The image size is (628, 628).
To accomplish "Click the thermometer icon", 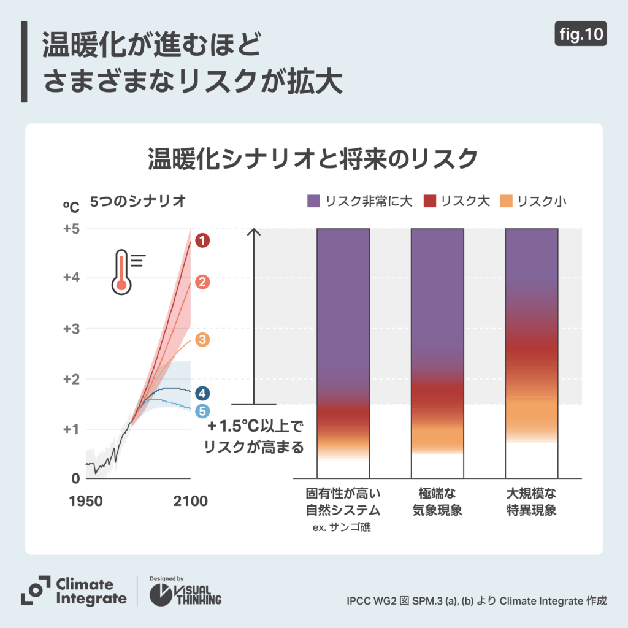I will pos(122,270).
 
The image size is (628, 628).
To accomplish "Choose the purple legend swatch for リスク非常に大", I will pos(314,201).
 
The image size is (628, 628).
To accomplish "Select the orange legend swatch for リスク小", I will pos(507,201).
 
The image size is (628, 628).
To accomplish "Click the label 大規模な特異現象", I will pos(531,502).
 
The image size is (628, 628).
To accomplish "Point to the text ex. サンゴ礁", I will pos(343,527).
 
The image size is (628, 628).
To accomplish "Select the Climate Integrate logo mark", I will pos(35,590).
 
